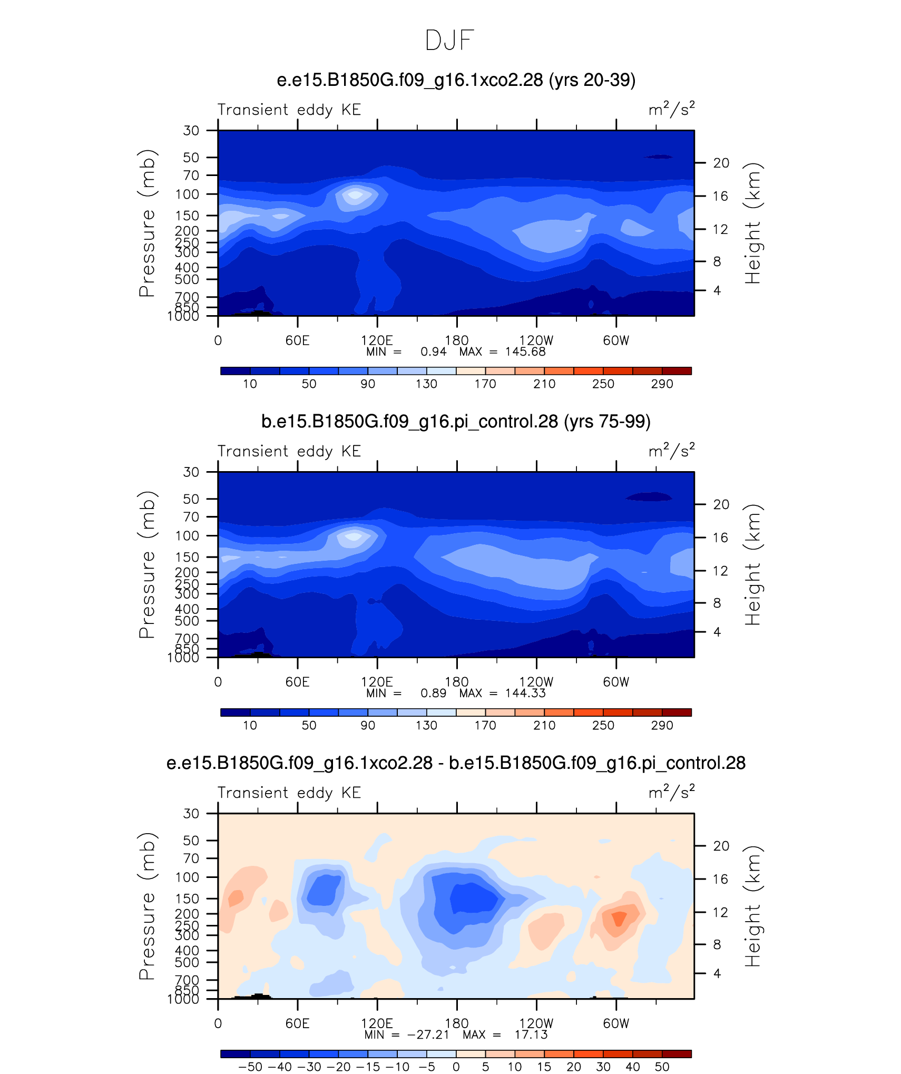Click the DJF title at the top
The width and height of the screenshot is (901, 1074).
coord(449,40)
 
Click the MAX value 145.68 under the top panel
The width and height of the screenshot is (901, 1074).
coord(525,352)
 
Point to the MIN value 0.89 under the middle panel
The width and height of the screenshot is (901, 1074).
coord(433,693)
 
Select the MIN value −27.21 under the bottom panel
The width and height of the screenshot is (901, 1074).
coord(428,1034)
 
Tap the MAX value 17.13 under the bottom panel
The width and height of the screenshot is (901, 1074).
coord(531,1034)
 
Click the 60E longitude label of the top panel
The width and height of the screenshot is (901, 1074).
coord(298,340)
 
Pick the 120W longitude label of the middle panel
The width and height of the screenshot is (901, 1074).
coord(536,682)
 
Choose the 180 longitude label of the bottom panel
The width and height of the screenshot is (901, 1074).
coord(457,1023)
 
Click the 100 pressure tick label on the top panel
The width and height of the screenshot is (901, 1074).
coord(188,194)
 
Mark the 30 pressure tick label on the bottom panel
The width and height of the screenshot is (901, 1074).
coord(191,814)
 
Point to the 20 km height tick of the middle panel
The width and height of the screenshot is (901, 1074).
coord(721,504)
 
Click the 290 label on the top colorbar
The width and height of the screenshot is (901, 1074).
coord(662,384)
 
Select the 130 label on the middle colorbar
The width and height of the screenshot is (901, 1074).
coord(426,726)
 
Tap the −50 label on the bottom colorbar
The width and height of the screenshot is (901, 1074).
coord(250,1067)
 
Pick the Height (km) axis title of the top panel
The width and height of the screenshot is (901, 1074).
coord(753,223)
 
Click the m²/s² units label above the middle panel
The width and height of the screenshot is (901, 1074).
coord(672,451)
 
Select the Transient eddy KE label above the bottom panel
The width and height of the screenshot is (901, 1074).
coord(289,793)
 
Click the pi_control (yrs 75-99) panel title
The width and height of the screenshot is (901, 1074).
coord(456,422)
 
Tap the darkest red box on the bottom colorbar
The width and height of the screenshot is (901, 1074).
coord(677,1053)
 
